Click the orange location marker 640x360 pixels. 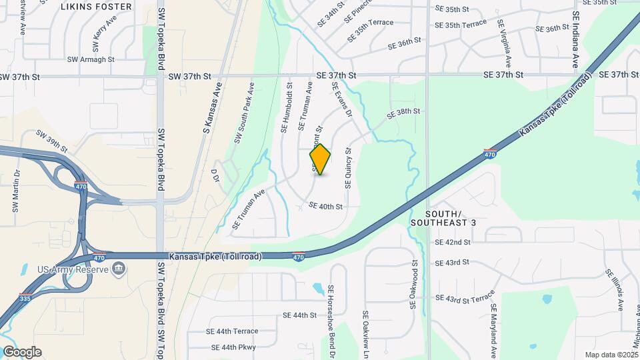[x=320, y=159]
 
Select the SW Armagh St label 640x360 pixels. [x=91, y=59]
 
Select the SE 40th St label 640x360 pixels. [x=326, y=207]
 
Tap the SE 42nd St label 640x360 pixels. [x=453, y=242]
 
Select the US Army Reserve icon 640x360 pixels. [x=119, y=269]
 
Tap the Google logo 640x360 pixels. [x=22, y=352]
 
